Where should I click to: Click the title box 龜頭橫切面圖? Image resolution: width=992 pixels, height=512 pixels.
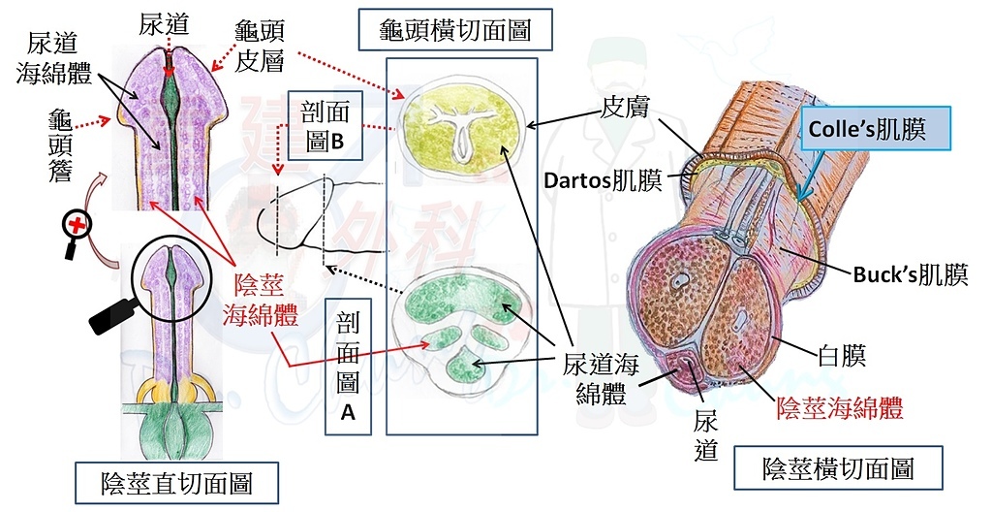click(x=455, y=30)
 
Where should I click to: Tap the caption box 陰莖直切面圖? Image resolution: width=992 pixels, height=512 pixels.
click(x=176, y=484)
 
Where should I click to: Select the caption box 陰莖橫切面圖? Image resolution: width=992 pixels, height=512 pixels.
click(x=838, y=469)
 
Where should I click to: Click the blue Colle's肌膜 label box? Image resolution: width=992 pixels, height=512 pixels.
click(x=876, y=129)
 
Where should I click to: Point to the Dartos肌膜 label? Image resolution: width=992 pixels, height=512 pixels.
click(x=603, y=181)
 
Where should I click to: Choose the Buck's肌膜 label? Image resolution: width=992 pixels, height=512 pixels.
click(x=911, y=274)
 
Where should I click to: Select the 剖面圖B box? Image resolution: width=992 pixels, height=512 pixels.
click(x=325, y=126)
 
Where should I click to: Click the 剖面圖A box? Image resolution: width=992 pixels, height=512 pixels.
click(x=348, y=367)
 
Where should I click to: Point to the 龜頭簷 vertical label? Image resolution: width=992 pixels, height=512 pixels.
click(x=61, y=146)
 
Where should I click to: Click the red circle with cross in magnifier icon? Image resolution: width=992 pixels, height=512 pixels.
click(x=77, y=224)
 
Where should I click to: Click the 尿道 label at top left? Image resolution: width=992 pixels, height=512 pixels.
click(x=164, y=24)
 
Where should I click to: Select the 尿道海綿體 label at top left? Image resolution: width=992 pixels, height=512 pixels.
click(x=54, y=59)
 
